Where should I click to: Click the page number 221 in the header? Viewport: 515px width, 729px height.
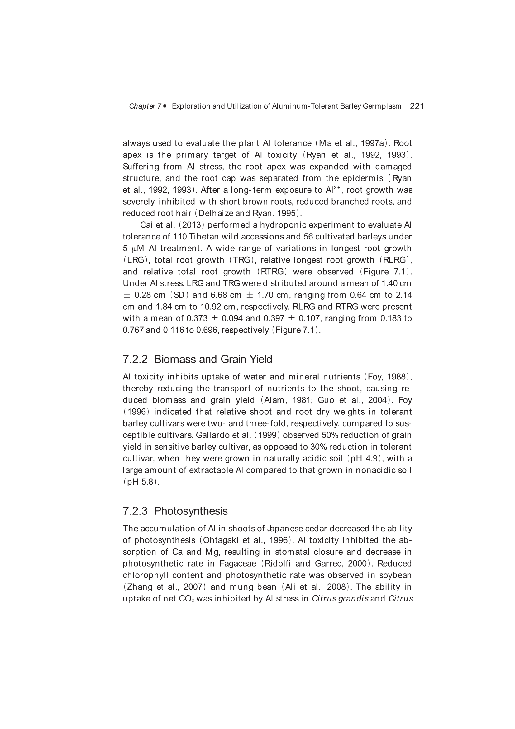pyautogui.click(x=417, y=106)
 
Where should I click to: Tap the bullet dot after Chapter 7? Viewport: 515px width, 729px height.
pyautogui.click(x=165, y=106)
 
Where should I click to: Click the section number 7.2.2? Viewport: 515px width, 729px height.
pyautogui.click(x=135, y=359)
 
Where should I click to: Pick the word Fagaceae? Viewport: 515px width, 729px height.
pyautogui.click(x=238, y=563)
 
